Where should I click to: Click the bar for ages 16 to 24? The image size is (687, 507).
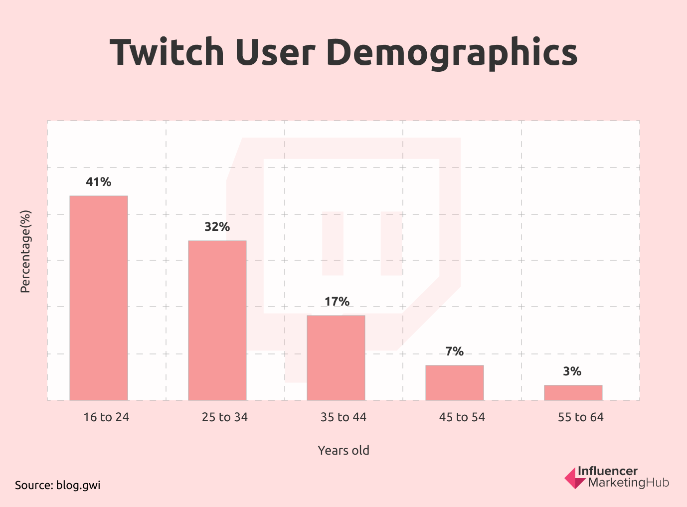point(99,298)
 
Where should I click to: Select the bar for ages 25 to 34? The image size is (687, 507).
point(217,320)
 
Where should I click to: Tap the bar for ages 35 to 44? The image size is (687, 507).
point(336,357)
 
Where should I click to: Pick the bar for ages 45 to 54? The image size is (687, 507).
point(455,382)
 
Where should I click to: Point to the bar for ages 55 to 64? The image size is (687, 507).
point(573,392)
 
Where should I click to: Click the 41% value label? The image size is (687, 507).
point(99,182)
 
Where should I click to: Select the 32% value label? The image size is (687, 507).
point(217,227)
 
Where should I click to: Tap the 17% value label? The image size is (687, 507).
point(337,302)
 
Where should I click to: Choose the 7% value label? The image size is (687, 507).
point(455,351)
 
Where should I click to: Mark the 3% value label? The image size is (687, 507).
point(572,371)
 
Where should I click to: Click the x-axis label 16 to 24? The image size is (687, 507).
point(106,417)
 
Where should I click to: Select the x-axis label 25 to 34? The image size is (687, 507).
point(225,417)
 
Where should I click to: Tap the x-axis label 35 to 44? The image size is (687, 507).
point(343,417)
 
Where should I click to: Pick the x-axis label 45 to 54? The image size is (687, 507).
point(462,417)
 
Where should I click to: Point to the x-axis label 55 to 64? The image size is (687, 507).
point(581,417)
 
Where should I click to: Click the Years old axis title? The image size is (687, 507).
point(343,451)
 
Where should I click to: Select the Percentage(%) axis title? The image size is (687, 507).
point(25,251)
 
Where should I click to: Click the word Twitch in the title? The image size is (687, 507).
point(167,52)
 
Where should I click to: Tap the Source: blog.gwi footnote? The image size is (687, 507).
point(58,485)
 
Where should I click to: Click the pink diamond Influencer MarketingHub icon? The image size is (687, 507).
point(574,478)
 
